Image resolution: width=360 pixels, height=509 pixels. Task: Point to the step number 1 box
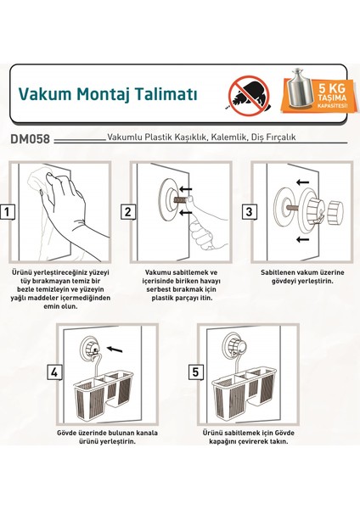click(x=7, y=212)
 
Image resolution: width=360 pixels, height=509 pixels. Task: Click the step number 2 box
click(x=127, y=212)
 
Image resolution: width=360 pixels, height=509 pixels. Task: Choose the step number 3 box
click(x=249, y=212)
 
